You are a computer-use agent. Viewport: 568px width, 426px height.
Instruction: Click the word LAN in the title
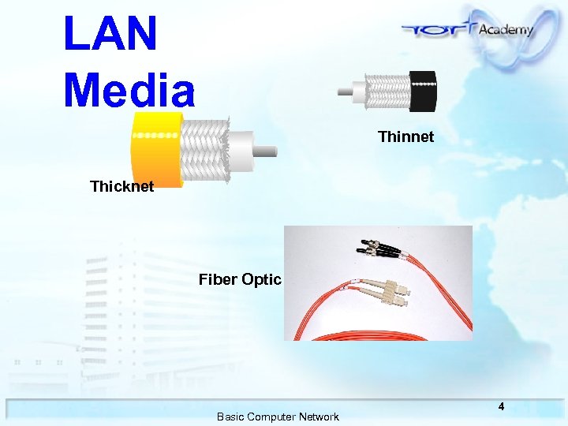pos(110,33)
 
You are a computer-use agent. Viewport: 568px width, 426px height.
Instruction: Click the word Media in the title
pos(129,88)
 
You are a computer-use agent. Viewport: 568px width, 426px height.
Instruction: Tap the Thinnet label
pos(405,136)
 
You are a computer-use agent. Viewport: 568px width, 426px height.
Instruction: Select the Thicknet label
pos(121,187)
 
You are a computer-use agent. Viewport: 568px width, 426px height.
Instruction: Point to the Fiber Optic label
pos(240,279)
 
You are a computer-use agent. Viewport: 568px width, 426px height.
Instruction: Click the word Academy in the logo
pos(506,29)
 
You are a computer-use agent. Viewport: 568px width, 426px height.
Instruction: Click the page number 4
pos(500,406)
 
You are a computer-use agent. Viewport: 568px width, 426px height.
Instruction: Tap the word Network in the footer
pos(318,417)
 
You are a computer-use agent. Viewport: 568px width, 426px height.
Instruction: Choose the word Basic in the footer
pos(230,417)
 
